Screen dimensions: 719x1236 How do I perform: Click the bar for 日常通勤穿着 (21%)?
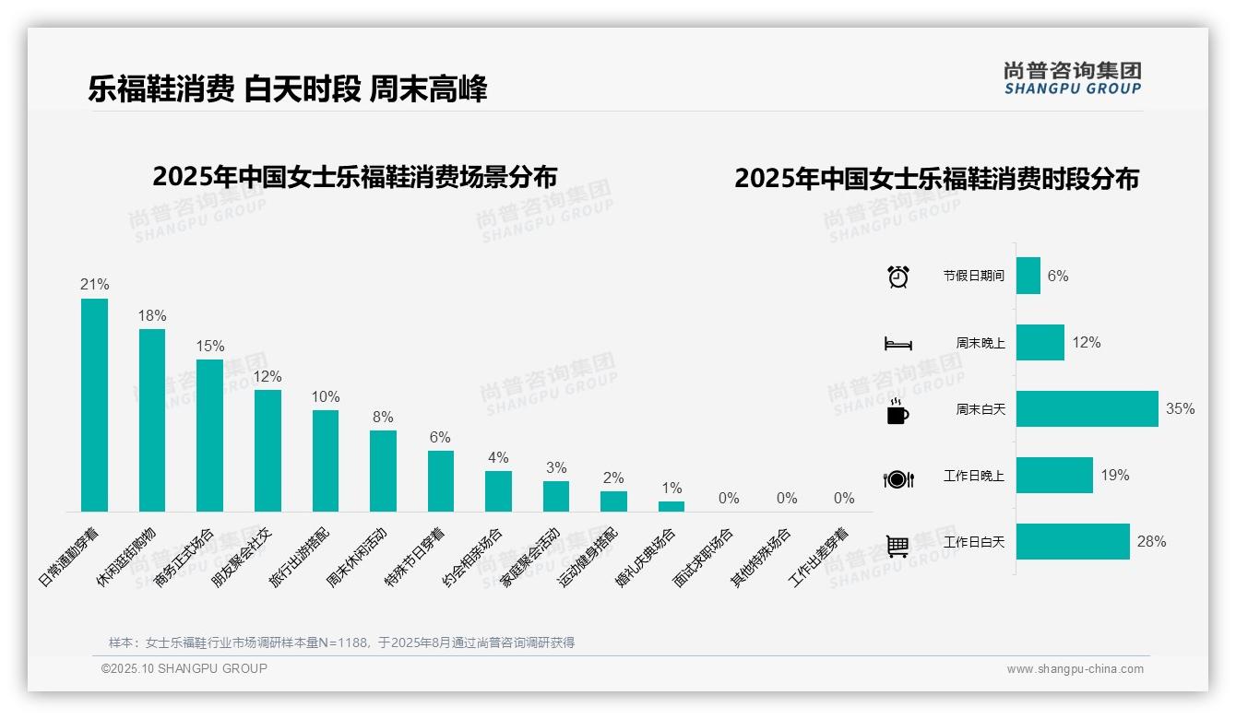(94, 405)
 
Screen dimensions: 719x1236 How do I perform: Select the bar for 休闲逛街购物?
(152, 420)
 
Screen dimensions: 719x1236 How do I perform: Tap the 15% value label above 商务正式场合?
(209, 347)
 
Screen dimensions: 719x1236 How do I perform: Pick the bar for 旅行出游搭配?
(326, 461)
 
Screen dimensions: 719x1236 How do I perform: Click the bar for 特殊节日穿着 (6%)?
(441, 481)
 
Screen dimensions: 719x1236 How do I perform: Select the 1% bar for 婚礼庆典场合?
(671, 506)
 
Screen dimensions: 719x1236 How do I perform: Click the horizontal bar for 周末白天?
(1087, 409)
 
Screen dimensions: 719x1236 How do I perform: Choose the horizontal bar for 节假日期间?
(1028, 276)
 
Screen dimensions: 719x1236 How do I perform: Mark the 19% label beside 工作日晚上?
(1114, 476)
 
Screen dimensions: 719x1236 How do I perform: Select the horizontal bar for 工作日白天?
(1073, 542)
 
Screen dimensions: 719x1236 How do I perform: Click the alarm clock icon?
(898, 277)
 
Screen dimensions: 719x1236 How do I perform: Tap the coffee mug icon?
(897, 411)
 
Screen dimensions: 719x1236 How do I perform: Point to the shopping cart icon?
(897, 546)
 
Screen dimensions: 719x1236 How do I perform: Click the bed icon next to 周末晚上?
(897, 344)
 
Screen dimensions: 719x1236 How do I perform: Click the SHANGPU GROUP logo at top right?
(1073, 77)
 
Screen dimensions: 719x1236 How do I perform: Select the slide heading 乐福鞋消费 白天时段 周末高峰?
(288, 88)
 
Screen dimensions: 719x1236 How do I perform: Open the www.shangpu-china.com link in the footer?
(1075, 669)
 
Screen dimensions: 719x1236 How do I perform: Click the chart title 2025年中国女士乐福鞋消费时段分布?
(936, 178)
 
